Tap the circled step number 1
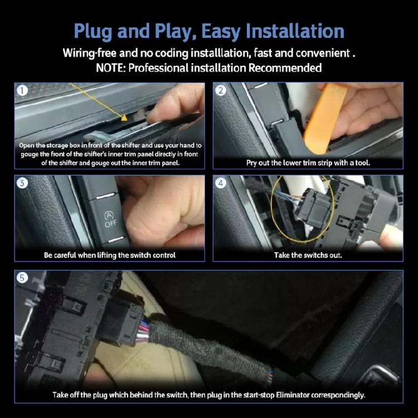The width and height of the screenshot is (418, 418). click(x=22, y=90)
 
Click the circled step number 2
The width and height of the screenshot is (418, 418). click(x=221, y=90)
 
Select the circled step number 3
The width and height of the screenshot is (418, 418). click(x=22, y=183)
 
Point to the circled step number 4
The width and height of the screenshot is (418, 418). click(x=221, y=183)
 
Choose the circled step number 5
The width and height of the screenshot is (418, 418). click(x=22, y=277)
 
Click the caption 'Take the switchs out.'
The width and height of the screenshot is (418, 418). click(x=308, y=255)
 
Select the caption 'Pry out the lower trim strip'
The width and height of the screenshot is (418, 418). click(x=308, y=163)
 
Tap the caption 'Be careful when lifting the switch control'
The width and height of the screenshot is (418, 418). click(x=110, y=255)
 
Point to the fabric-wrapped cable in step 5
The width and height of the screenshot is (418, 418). click(x=223, y=339)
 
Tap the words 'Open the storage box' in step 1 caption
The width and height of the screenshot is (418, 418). click(x=48, y=145)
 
